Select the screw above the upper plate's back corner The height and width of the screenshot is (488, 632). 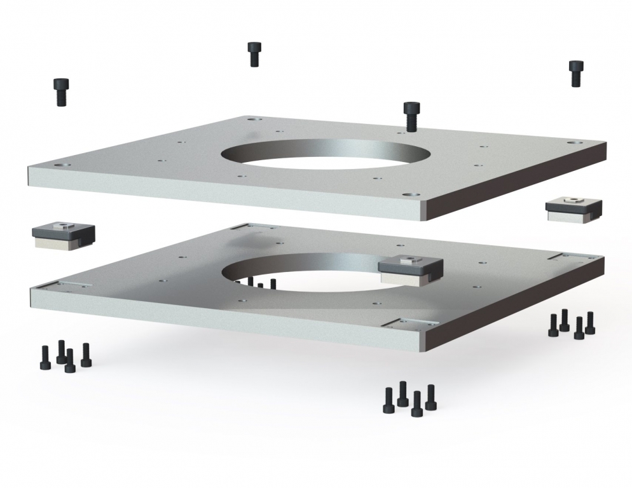(254, 54)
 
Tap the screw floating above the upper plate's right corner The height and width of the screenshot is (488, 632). (575, 73)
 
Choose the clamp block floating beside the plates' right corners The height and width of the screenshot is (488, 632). (574, 208)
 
